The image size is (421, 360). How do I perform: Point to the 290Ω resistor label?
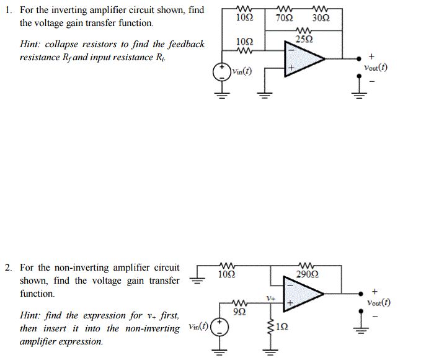(308, 273)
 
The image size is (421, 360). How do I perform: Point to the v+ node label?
(271, 299)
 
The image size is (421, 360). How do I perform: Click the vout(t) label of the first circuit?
(375, 68)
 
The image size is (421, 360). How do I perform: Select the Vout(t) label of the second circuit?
(378, 302)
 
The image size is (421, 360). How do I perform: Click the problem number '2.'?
(9, 268)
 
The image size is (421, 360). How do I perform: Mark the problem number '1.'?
(9, 11)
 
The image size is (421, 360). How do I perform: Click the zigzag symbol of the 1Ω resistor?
(270, 327)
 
